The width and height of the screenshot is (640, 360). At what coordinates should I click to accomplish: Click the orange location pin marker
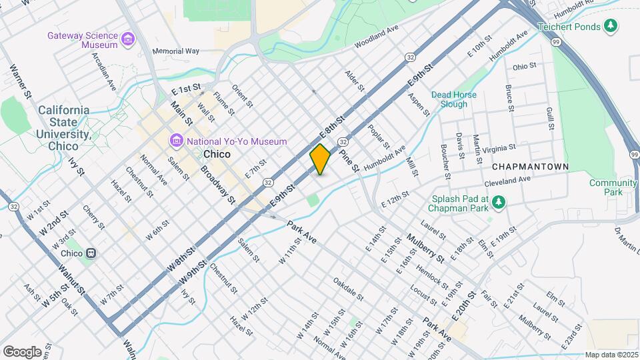point(320,159)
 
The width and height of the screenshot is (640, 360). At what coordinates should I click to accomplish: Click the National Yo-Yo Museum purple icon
point(177,141)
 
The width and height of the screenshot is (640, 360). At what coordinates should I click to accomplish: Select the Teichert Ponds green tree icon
point(610,26)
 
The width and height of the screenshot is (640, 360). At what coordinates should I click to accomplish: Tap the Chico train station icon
point(91,253)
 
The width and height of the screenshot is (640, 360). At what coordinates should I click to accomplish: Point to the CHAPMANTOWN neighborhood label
point(531,166)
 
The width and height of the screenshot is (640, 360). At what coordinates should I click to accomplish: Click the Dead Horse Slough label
point(454,99)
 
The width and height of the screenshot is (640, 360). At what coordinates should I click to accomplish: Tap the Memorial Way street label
point(176,51)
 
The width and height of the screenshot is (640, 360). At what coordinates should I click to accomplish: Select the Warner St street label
point(21,81)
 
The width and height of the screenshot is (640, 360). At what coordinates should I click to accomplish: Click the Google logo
point(22,351)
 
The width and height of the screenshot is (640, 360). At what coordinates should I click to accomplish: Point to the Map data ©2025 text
point(611,355)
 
